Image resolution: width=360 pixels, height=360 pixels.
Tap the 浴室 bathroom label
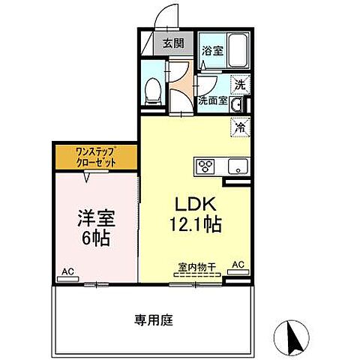[x=211, y=51]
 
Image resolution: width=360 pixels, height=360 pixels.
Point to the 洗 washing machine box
[x=241, y=85]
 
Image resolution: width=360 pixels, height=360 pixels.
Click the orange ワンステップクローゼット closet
[x=95, y=157]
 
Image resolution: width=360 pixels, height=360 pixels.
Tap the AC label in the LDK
[x=238, y=264]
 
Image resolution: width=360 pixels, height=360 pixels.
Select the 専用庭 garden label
[x=154, y=320]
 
